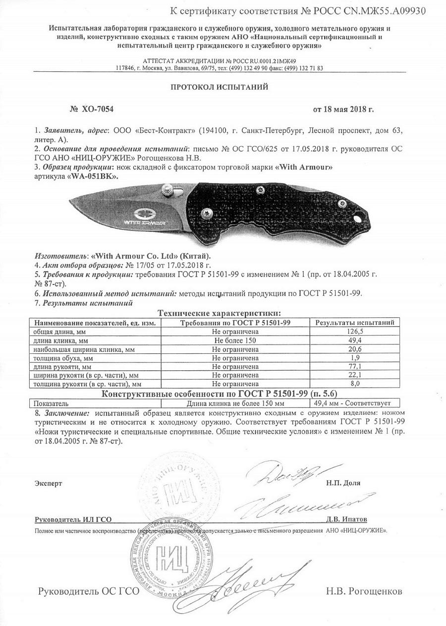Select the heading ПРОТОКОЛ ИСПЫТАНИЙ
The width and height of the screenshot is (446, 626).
[219, 87]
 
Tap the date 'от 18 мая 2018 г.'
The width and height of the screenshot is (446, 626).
[343, 109]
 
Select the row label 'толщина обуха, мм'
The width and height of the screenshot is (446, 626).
[63, 358]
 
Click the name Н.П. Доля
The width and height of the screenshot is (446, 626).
[343, 483]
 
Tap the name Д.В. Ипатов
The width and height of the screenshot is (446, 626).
[346, 519]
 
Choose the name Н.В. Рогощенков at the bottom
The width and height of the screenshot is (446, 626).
[364, 591]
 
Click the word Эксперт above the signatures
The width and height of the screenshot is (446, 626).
[49, 483]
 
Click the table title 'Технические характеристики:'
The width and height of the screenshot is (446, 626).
[219, 313]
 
